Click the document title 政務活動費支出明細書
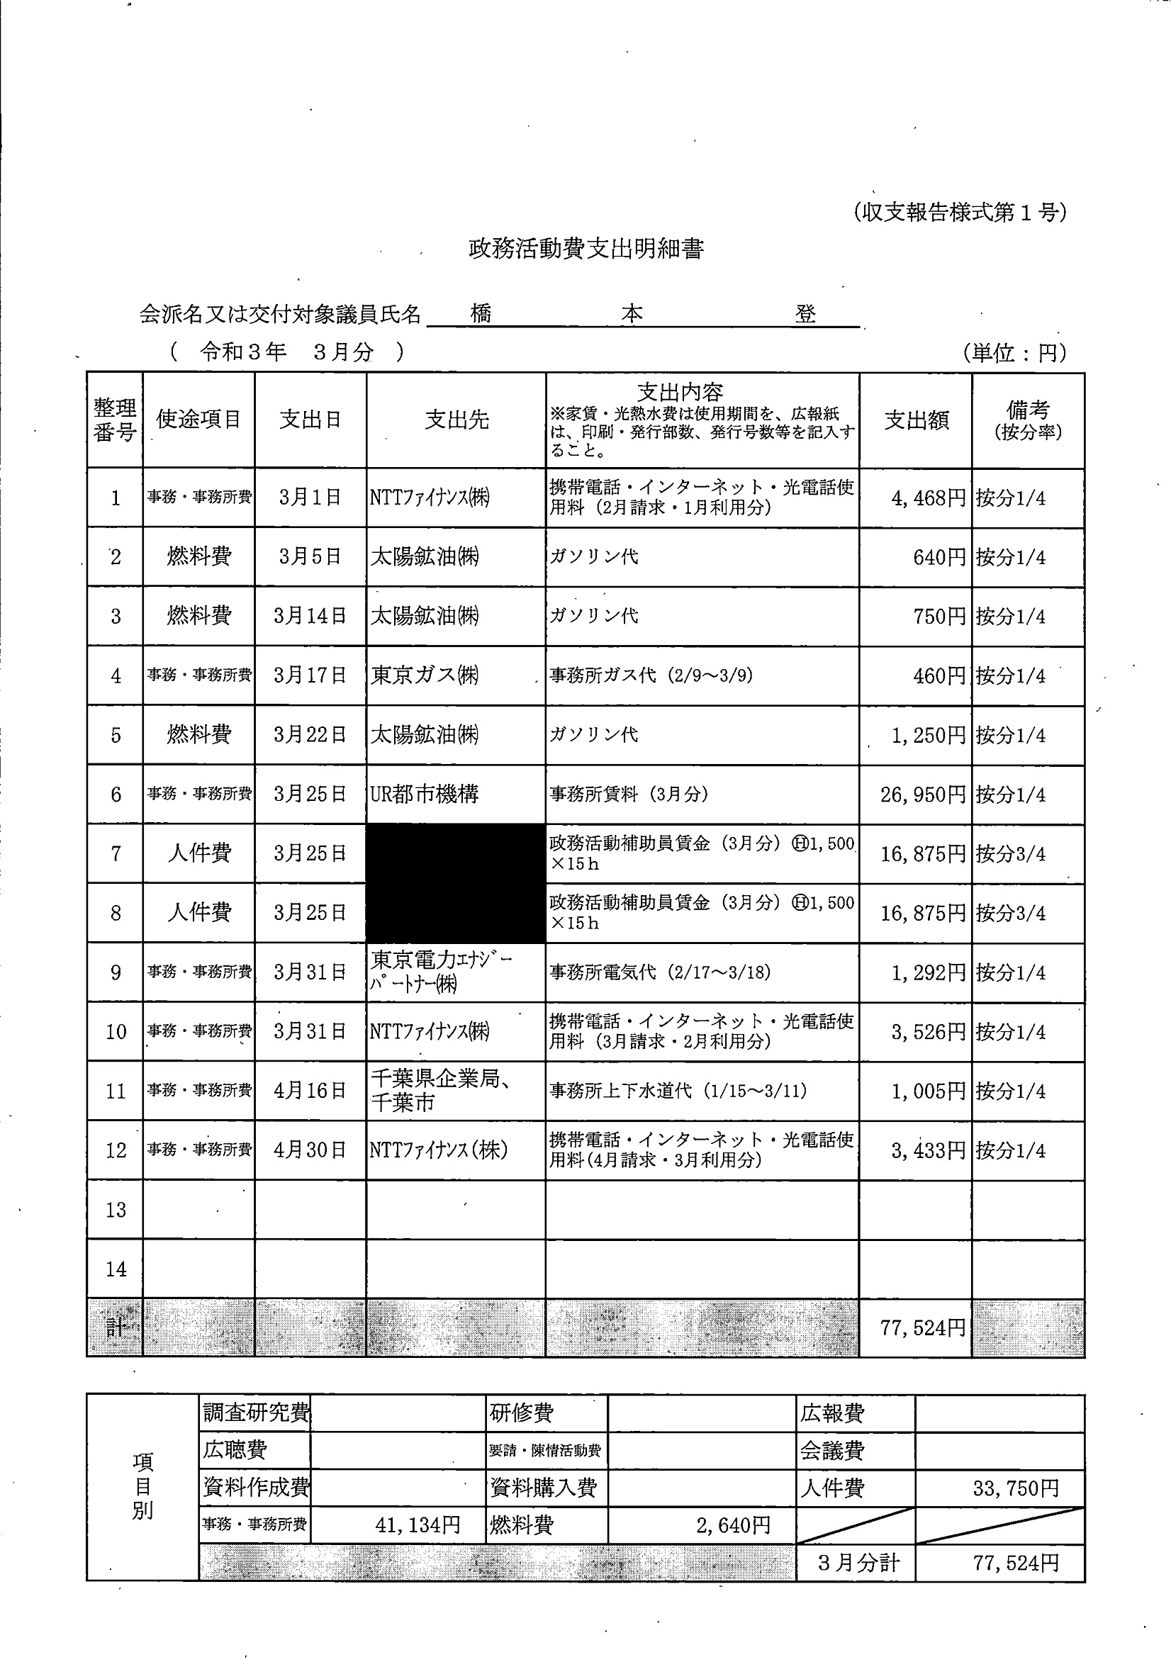click(586, 249)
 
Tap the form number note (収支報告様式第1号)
click(959, 213)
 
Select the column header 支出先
click(456, 420)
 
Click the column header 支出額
click(916, 420)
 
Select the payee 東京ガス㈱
click(425, 675)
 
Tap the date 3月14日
click(310, 616)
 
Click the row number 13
click(115, 1210)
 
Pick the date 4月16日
click(310, 1091)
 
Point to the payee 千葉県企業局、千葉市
click(442, 1091)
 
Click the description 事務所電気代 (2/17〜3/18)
click(660, 972)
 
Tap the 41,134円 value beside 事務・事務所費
click(418, 1525)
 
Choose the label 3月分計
click(858, 1563)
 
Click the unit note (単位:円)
click(1014, 352)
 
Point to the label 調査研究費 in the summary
click(256, 1413)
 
